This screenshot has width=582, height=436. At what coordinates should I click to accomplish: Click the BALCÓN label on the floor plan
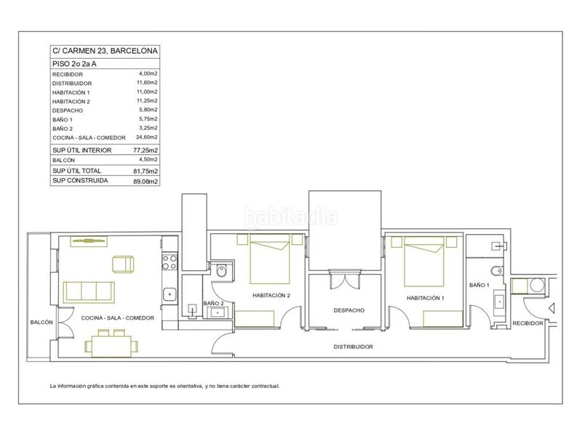(x=41, y=323)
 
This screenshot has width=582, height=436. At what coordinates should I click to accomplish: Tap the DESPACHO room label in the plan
(x=349, y=310)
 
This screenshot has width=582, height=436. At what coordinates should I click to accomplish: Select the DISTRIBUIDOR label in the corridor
(x=354, y=347)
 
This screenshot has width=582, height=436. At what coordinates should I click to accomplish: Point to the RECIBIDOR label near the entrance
(x=527, y=323)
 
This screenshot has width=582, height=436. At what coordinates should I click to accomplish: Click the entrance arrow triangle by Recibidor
(x=551, y=307)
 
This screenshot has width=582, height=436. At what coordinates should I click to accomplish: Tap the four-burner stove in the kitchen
(x=170, y=262)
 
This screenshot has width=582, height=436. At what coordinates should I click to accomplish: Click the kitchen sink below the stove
(x=170, y=294)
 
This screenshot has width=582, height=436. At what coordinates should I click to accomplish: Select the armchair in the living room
(x=123, y=264)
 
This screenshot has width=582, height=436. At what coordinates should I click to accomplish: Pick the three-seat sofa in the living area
(x=89, y=292)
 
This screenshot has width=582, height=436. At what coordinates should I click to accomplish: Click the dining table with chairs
(x=111, y=344)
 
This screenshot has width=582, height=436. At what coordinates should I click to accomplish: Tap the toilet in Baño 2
(x=221, y=272)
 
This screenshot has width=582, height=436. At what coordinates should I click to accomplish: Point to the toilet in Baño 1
(x=497, y=271)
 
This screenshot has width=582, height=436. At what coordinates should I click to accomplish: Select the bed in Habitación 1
(x=424, y=262)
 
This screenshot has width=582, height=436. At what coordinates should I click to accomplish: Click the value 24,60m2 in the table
(x=147, y=137)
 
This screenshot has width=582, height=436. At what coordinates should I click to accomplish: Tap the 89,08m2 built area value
(x=145, y=181)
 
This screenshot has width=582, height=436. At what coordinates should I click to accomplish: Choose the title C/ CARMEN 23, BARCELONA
(x=105, y=51)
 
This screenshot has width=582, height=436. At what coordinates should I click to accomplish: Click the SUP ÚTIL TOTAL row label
(x=76, y=171)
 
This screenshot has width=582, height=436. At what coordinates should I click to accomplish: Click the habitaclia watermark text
(x=291, y=217)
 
